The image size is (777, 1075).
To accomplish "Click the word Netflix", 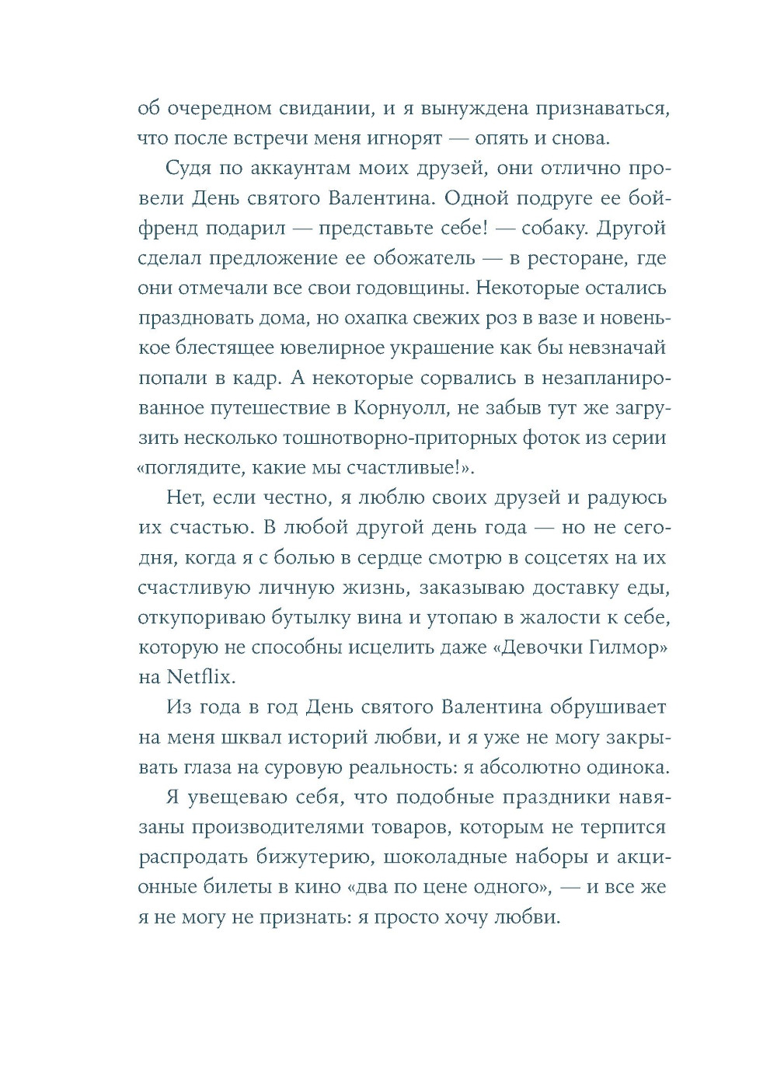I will point(199,676).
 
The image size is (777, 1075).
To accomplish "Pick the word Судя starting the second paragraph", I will point(190,168).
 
